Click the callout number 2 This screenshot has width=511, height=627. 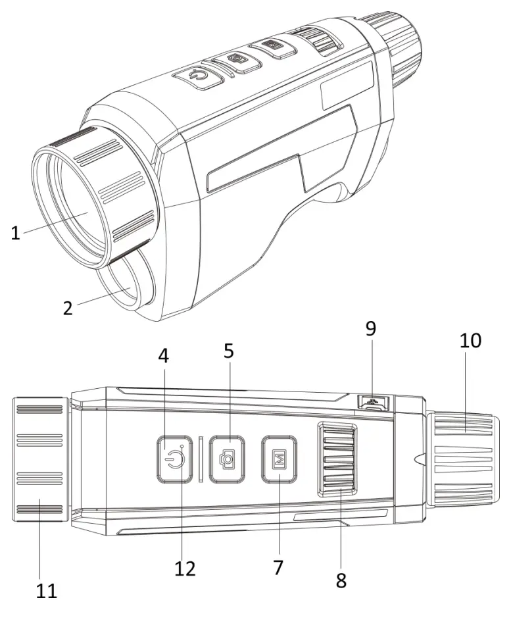click(x=68, y=307)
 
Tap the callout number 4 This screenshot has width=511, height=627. click(x=163, y=356)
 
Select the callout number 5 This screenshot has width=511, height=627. click(x=228, y=351)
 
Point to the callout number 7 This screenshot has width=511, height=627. click(x=278, y=567)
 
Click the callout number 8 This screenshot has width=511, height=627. click(x=341, y=580)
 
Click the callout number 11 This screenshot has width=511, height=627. click(x=47, y=590)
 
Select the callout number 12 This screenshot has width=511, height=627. click(x=185, y=568)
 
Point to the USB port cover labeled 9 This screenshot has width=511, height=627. click(x=373, y=402)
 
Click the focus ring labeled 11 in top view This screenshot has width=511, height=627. click(x=39, y=458)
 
